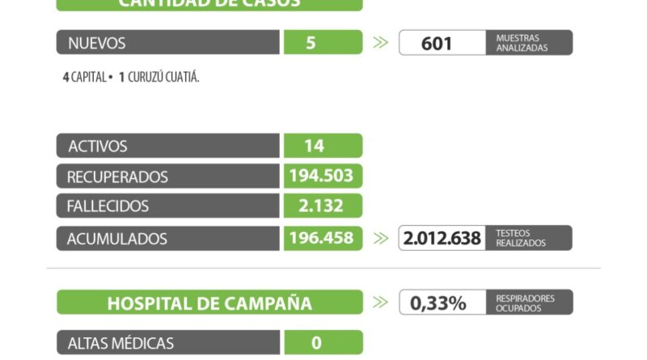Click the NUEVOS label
tap(97, 43)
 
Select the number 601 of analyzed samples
tap(437, 43)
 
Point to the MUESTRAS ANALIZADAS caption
tap(522, 43)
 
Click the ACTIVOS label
tap(98, 146)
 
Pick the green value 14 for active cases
tap(315, 146)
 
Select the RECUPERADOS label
tap(118, 176)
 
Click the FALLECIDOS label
tap(108, 206)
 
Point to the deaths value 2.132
tap(321, 205)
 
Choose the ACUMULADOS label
tap(118, 239)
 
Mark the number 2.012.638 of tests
tap(442, 239)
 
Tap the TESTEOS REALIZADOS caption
tap(522, 238)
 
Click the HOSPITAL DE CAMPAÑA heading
tap(209, 303)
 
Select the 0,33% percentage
tap(438, 303)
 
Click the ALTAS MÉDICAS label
tap(121, 343)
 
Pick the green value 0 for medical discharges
tap(316, 343)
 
